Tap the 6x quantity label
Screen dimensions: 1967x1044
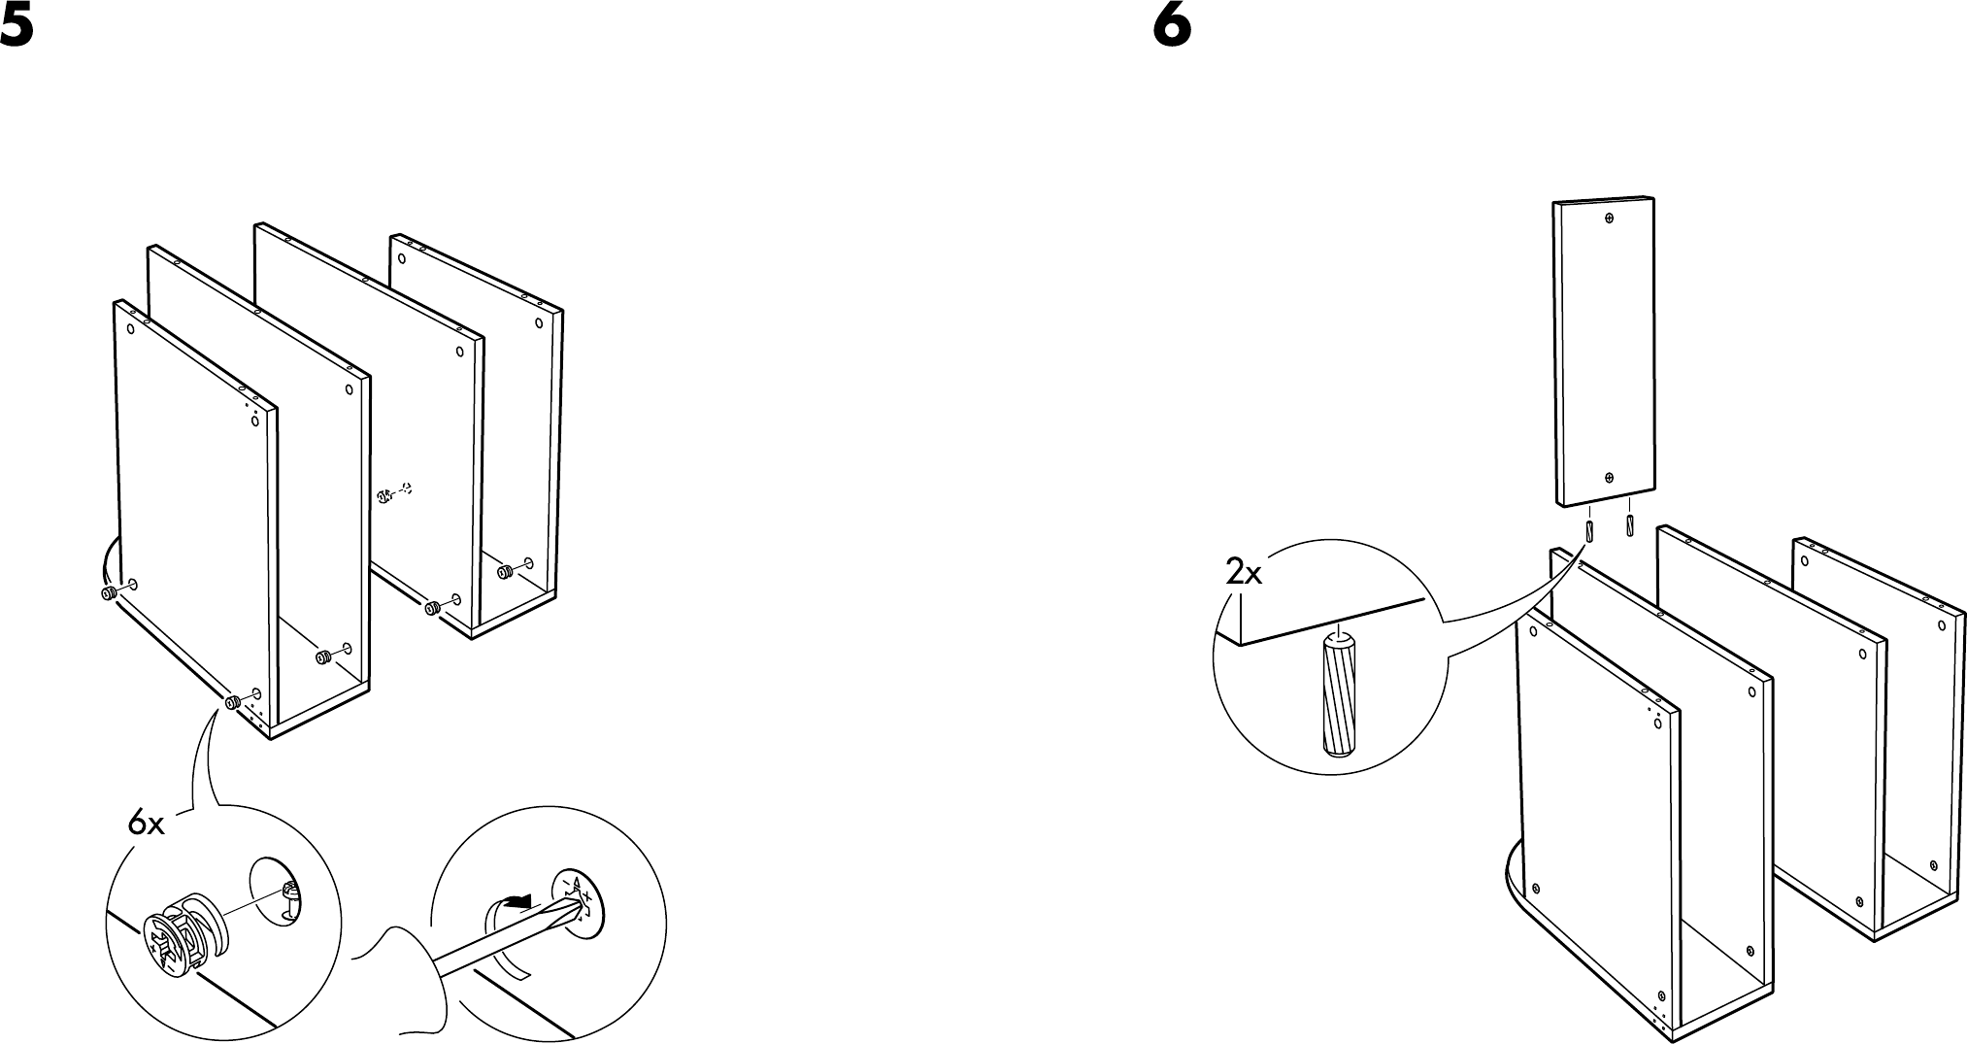pyautogui.click(x=147, y=825)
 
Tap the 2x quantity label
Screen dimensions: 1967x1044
pyautogui.click(x=1244, y=574)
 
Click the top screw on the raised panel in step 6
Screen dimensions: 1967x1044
pyautogui.click(x=1609, y=219)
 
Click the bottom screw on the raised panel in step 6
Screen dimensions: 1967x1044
pyautogui.click(x=1608, y=478)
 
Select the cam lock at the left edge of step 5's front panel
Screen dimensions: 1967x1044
pyautogui.click(x=109, y=592)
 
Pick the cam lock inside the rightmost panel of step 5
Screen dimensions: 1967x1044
pyautogui.click(x=505, y=572)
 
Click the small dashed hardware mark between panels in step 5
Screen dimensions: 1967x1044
pyautogui.click(x=393, y=493)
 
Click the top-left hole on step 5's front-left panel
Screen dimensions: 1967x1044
pyautogui.click(x=130, y=327)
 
